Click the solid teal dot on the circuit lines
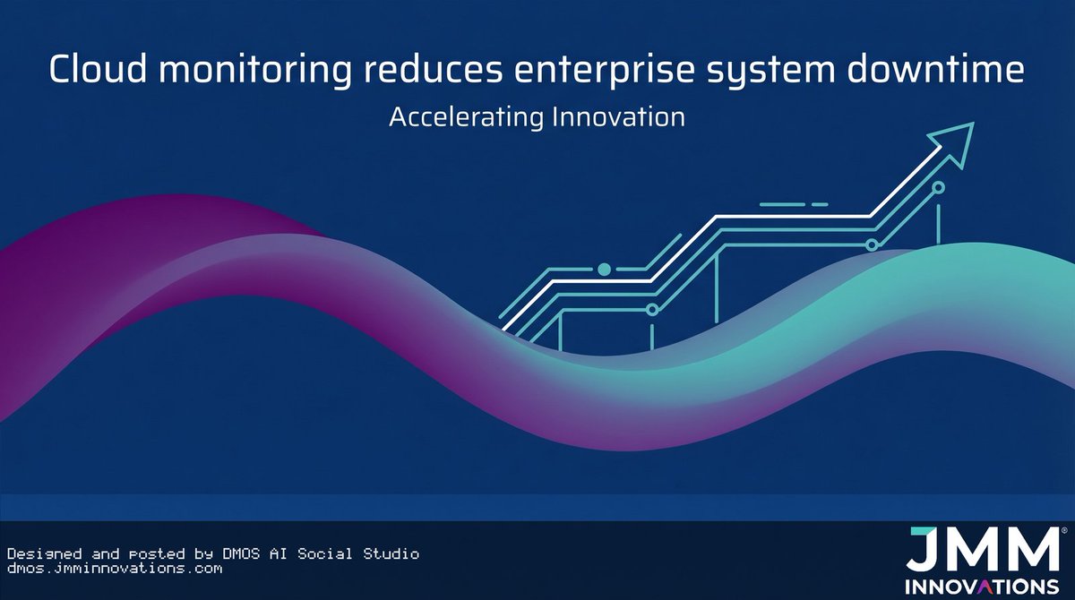tap(604, 269)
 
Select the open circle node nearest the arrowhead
tap(939, 188)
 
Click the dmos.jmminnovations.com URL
tap(114, 568)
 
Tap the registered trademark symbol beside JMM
tap(1062, 531)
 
